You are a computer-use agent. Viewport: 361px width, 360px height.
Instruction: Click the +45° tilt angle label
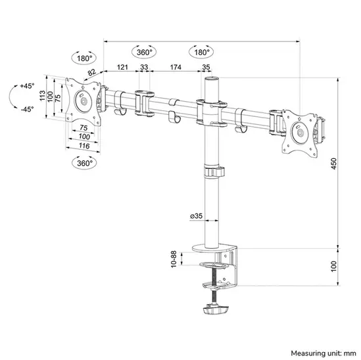click(27, 86)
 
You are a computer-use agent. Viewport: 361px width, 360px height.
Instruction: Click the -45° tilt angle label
click(27, 109)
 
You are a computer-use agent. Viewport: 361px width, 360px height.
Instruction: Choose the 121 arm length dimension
click(122, 68)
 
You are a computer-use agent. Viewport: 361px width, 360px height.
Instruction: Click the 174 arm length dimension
click(175, 68)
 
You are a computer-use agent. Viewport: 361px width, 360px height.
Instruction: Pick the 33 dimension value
click(144, 68)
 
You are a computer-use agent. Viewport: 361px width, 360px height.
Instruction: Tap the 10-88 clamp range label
click(173, 259)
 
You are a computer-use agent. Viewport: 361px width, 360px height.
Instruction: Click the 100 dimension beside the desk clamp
click(334, 266)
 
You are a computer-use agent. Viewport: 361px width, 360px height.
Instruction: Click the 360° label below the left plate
click(84, 162)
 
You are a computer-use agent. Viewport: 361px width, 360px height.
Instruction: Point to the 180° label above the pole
click(201, 52)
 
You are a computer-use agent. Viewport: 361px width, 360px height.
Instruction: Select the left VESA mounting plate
click(84, 102)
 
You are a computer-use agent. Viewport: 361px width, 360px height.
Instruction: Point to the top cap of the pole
click(211, 79)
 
